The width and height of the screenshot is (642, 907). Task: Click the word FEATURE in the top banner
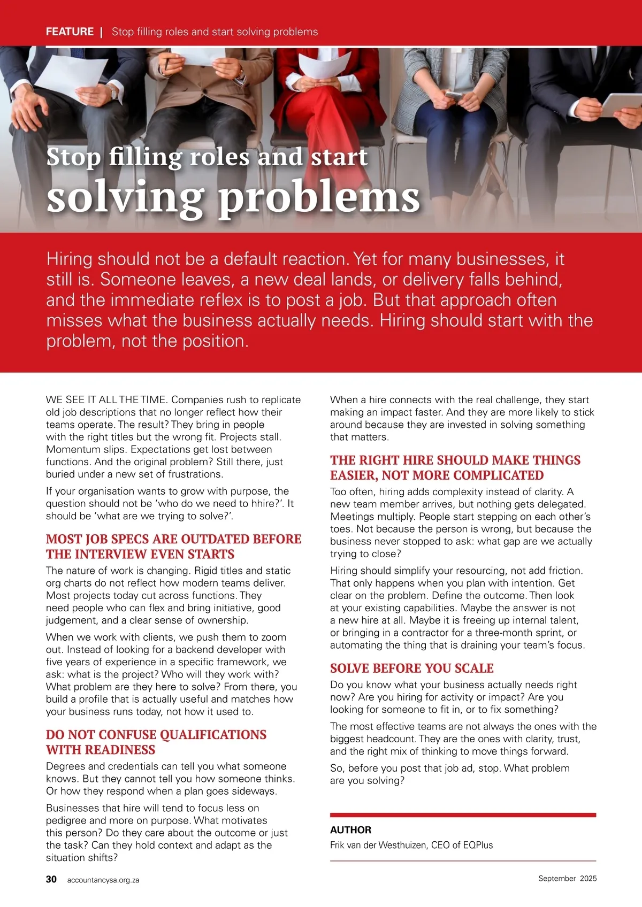pyautogui.click(x=70, y=32)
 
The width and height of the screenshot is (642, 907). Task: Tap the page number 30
pyautogui.click(x=51, y=879)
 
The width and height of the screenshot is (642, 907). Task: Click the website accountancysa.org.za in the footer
pyautogui.click(x=103, y=880)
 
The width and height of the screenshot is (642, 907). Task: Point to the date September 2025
pyautogui.click(x=567, y=878)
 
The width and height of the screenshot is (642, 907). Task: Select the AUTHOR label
pyautogui.click(x=350, y=830)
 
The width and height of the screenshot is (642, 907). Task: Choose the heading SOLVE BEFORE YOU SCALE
pyautogui.click(x=411, y=668)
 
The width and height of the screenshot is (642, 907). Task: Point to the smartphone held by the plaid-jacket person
pyautogui.click(x=454, y=96)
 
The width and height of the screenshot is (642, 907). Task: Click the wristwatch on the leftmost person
pyautogui.click(x=113, y=92)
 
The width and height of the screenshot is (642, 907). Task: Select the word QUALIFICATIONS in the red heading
pyautogui.click(x=213, y=735)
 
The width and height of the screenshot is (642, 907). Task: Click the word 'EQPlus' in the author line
pyautogui.click(x=478, y=845)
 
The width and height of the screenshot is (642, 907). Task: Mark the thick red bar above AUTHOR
pyautogui.click(x=463, y=815)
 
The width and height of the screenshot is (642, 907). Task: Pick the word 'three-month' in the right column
pyautogui.click(x=501, y=633)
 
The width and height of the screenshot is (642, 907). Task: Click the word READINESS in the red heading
pyautogui.click(x=101, y=750)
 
